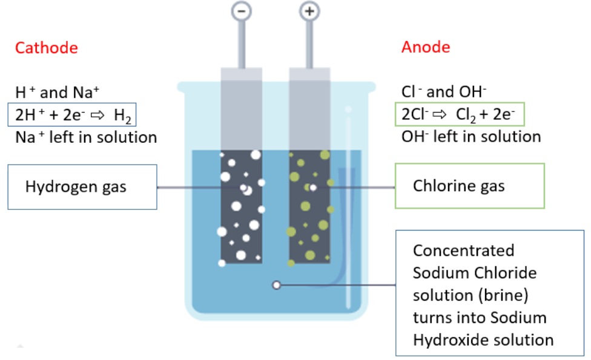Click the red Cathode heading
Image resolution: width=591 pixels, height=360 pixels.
pyautogui.click(x=47, y=48)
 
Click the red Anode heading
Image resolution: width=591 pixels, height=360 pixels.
pyautogui.click(x=426, y=47)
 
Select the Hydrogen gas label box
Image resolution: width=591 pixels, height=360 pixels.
pyautogui.click(x=82, y=187)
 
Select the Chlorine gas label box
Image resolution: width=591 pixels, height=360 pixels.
pyautogui.click(x=469, y=185)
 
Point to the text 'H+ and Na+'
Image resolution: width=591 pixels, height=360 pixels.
pyautogui.click(x=57, y=93)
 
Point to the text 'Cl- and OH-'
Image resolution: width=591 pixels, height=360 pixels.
pyautogui.click(x=444, y=92)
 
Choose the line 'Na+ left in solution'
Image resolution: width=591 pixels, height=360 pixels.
pyautogui.click(x=86, y=137)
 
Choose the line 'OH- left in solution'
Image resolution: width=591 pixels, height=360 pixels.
pyautogui.click(x=471, y=136)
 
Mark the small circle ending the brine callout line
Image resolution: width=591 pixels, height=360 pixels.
pyautogui.click(x=277, y=285)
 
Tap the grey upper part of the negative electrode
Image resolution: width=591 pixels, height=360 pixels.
pyautogui.click(x=241, y=109)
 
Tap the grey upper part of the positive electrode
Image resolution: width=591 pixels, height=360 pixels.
pyautogui.click(x=309, y=109)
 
